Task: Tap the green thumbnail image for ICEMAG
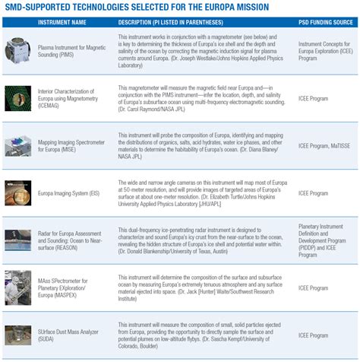tap(18, 100)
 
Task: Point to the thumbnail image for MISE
tap(18, 144)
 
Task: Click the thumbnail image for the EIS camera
tap(18, 193)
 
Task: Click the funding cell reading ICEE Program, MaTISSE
tap(325, 144)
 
